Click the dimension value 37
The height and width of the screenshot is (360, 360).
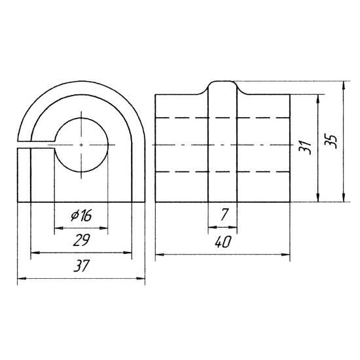81,266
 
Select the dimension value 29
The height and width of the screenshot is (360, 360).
81,240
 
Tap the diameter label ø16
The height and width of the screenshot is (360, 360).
81,215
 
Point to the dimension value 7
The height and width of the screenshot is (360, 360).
224,215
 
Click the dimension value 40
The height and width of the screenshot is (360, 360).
223,242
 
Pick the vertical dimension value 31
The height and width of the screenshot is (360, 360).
305,147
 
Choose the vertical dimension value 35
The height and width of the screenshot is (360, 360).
331,141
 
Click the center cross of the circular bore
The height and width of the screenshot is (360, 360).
81,145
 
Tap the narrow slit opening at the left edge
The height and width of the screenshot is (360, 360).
36,145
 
